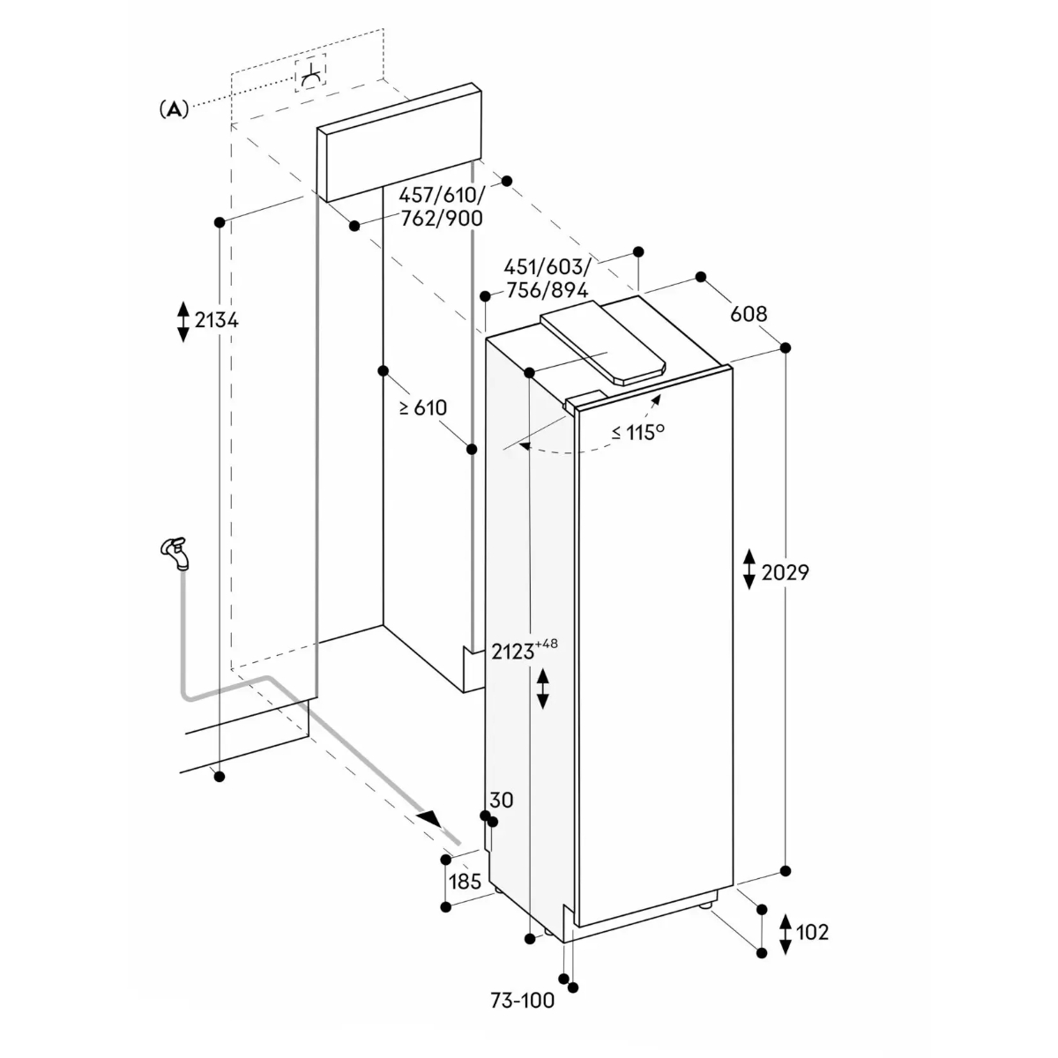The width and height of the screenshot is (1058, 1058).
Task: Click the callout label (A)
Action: (x=174, y=109)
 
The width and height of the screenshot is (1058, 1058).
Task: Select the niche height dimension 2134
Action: (x=217, y=319)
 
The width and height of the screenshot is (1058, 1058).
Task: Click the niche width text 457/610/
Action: (x=442, y=194)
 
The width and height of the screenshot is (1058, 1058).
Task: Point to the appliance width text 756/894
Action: (x=547, y=290)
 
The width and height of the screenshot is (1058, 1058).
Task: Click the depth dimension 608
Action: (x=749, y=314)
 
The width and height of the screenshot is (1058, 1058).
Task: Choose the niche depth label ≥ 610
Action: (x=423, y=407)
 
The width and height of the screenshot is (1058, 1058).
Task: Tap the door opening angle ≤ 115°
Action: (x=638, y=433)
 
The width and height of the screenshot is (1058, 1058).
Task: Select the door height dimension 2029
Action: (x=786, y=573)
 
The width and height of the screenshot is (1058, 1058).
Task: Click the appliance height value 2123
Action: (x=513, y=652)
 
